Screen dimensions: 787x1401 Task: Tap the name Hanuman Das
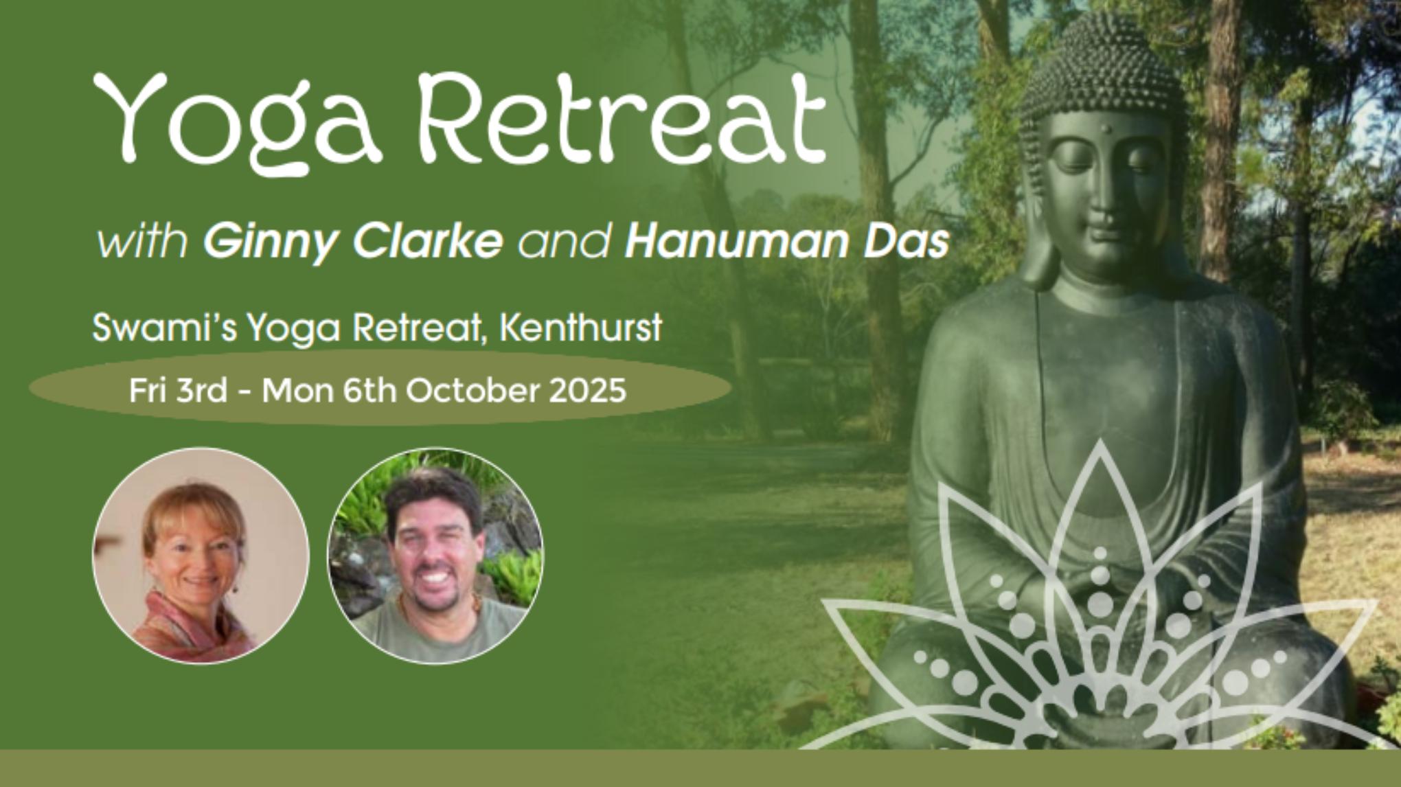(787, 242)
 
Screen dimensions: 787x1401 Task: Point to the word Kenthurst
(580, 328)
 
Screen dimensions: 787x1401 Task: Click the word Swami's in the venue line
(165, 328)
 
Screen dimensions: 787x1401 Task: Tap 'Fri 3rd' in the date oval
(178, 391)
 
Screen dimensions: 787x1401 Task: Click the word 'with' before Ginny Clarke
(141, 242)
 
